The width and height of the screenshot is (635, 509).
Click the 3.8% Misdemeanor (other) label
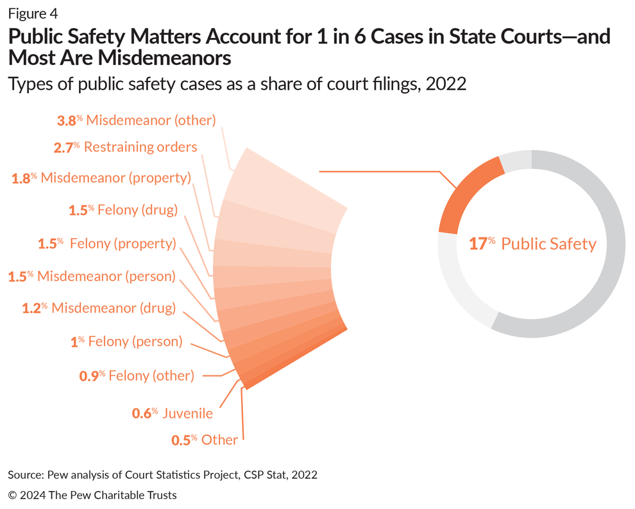pyautogui.click(x=137, y=120)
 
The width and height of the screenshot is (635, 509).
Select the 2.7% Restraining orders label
pyautogui.click(x=125, y=147)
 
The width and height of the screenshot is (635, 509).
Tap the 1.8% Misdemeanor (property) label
pyautogui.click(x=101, y=178)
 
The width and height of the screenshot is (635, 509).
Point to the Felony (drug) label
pyautogui.click(x=123, y=210)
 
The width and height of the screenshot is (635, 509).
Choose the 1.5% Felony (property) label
pyautogui.click(x=107, y=244)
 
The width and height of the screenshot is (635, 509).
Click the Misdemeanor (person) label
pyautogui.click(x=91, y=276)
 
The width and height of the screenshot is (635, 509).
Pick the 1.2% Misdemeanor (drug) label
pyautogui.click(x=99, y=308)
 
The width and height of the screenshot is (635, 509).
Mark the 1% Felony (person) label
pyautogui.click(x=126, y=341)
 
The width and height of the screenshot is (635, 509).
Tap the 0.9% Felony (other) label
pyautogui.click(x=137, y=375)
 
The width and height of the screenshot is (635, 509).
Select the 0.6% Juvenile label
pyautogui.click(x=172, y=413)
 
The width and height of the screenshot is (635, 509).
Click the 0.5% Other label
pyautogui.click(x=205, y=440)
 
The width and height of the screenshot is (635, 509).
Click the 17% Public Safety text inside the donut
pyautogui.click(x=532, y=244)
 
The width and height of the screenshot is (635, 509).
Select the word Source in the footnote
pyautogui.click(x=24, y=475)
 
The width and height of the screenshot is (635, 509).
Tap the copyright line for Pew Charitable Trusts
pyautogui.click(x=92, y=495)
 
